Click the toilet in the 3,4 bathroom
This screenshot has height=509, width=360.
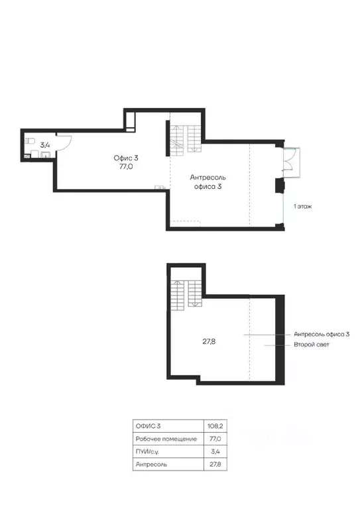tap(30, 141)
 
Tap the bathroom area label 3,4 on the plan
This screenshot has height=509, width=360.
tap(45, 144)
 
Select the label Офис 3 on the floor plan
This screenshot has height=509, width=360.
tap(126, 158)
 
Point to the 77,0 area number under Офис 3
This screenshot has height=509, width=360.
tap(126, 167)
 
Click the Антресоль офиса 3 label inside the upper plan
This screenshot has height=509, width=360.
tap(208, 182)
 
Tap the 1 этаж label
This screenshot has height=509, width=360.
tap(302, 206)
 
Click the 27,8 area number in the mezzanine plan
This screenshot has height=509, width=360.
tap(209, 341)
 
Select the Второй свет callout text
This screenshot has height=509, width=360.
tap(312, 345)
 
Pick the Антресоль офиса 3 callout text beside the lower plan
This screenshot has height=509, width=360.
tap(322, 334)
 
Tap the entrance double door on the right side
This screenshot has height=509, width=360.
tap(291, 162)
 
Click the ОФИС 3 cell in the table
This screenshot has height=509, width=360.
tap(148, 426)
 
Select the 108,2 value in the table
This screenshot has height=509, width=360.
tap(215, 426)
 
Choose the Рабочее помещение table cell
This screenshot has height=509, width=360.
tap(166, 439)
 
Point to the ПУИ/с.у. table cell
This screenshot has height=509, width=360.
tap(147, 451)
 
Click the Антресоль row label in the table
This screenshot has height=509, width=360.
tap(151, 464)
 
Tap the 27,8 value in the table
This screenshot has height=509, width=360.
tap(215, 464)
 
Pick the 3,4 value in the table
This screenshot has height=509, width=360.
tap(215, 451)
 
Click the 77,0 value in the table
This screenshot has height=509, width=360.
tap(215, 439)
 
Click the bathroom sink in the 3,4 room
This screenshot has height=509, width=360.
tap(46, 154)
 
